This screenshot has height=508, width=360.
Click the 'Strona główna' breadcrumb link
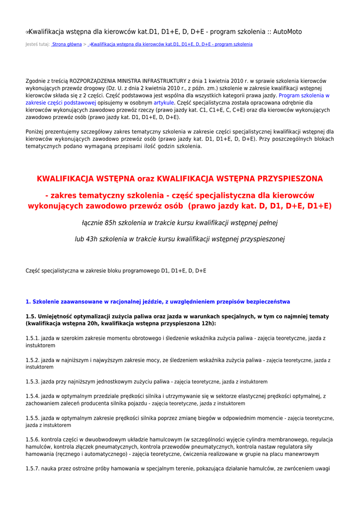tap(67, 45)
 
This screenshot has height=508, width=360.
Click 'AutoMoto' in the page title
tap(286, 32)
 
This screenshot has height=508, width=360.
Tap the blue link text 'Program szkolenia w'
tap(304, 95)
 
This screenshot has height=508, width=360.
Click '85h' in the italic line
tap(110, 223)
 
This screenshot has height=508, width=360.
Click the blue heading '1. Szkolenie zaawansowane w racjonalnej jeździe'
tap(158, 302)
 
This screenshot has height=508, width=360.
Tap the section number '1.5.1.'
tap(33, 338)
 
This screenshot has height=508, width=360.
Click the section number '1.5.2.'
tap(33, 360)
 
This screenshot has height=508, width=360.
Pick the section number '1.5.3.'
tap(33, 382)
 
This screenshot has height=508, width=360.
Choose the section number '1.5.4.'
tap(33, 396)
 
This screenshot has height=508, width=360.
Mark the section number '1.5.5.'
tap(33, 418)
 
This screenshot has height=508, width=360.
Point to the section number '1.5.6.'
tap(33, 440)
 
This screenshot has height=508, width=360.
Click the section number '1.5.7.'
tap(33, 469)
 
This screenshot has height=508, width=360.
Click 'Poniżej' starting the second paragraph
tap(35, 132)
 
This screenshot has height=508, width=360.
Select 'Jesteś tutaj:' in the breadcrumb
tap(37, 45)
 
